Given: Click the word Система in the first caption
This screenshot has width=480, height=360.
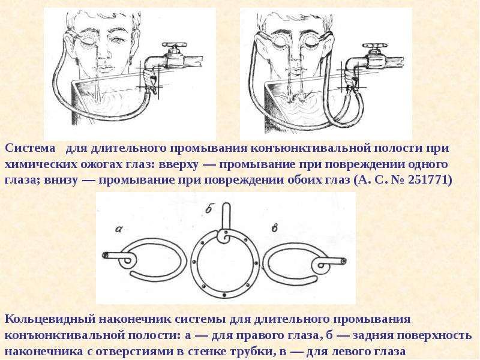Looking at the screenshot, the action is (31, 148).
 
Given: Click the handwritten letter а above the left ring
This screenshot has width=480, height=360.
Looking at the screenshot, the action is (119, 229).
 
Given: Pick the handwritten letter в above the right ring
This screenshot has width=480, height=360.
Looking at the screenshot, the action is (275, 228).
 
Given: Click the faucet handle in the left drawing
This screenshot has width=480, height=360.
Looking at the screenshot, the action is (174, 44).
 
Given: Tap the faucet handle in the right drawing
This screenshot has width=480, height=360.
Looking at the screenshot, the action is (374, 46).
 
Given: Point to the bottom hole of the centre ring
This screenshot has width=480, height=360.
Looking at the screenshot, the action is (224, 295).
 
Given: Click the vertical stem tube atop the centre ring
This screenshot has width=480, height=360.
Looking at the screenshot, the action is (226, 217).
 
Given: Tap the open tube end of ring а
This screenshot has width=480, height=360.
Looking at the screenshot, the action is (105, 255).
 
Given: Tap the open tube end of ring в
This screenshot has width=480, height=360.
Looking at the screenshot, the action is (344, 261).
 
